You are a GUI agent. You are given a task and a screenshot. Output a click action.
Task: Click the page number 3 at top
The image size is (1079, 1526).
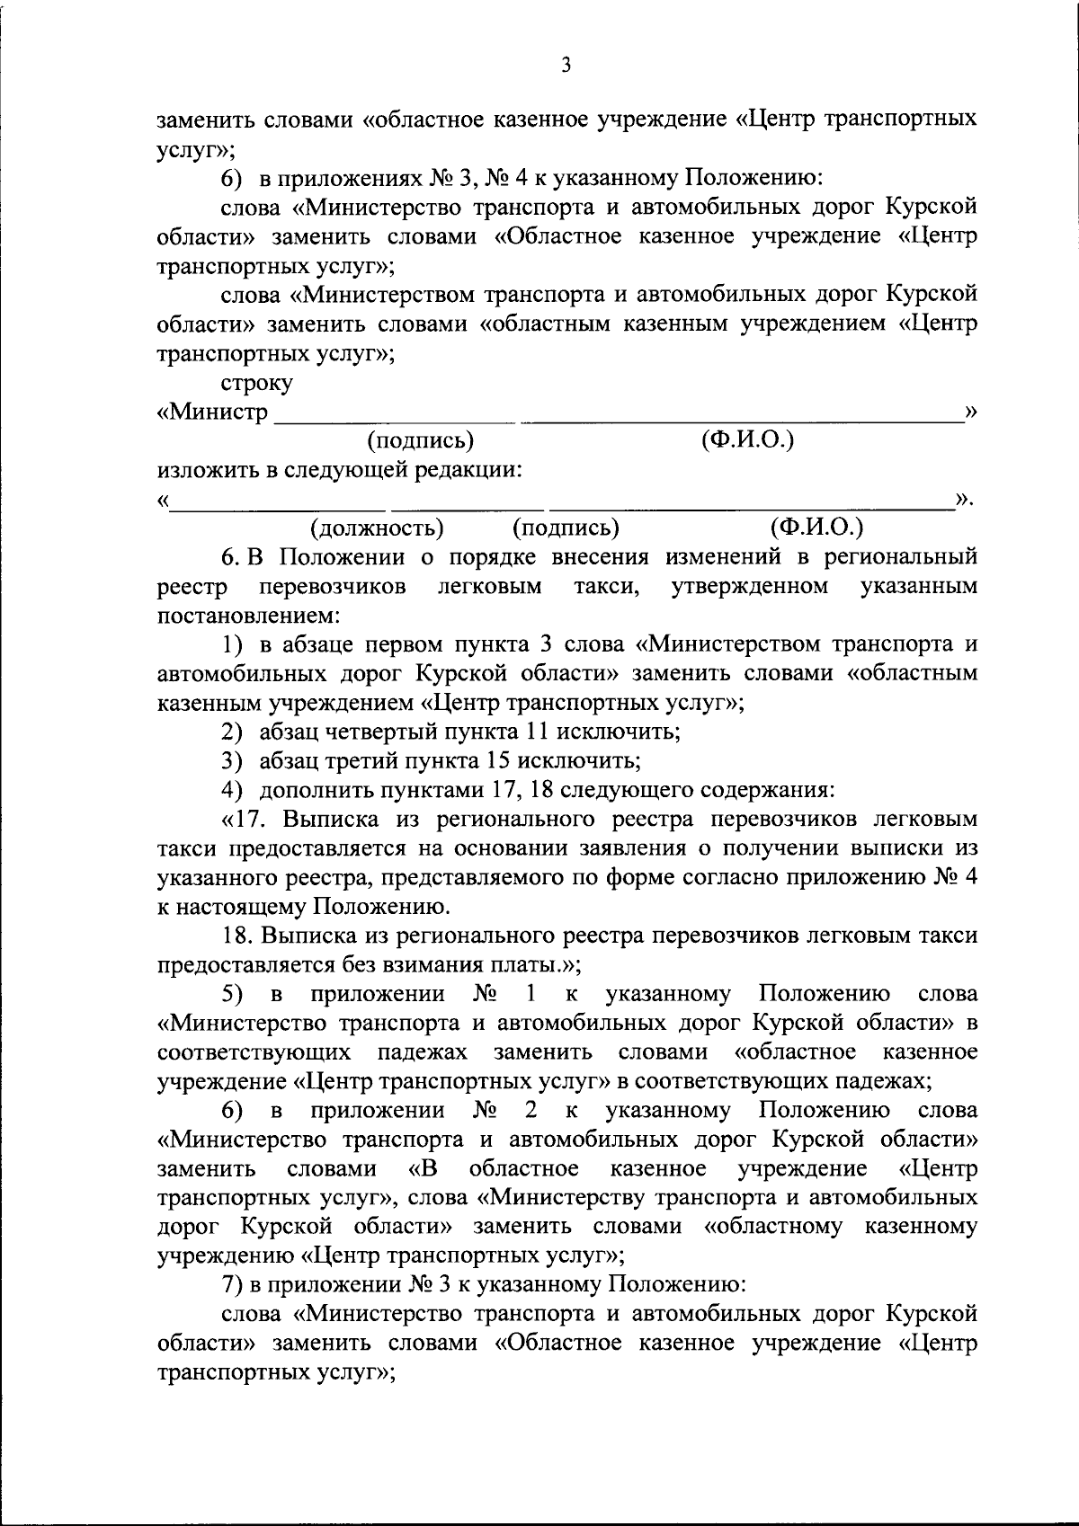point(565,65)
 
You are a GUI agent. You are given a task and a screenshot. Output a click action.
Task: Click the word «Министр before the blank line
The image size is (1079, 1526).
point(213,413)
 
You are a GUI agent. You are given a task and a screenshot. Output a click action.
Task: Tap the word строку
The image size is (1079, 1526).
point(256,383)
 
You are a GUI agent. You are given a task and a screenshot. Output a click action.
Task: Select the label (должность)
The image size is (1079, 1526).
point(377,528)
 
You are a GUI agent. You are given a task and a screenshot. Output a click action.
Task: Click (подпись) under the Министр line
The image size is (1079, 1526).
point(420,440)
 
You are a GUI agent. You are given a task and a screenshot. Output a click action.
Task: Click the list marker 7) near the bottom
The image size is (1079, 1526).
point(232,1285)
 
